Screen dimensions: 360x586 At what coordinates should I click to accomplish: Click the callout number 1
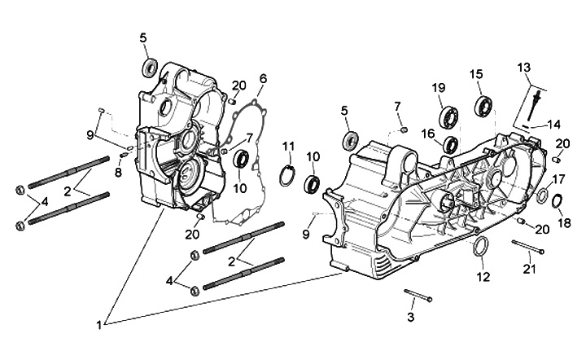pos(99,324)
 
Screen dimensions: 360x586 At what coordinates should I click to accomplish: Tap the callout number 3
pos(411,316)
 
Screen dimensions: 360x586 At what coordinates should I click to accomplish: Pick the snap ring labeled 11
pos(288,175)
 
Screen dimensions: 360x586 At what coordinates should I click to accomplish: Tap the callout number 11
pos(288,146)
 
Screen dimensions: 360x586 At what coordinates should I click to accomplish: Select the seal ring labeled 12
pos(482,248)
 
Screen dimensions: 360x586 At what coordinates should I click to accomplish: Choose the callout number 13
pos(523,67)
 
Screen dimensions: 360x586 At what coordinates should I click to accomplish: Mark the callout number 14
pos(553,125)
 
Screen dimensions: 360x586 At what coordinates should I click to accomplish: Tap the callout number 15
pos(476,74)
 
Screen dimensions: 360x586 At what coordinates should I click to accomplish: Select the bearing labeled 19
pos(448,116)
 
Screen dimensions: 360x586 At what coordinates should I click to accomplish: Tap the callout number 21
pos(530,270)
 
